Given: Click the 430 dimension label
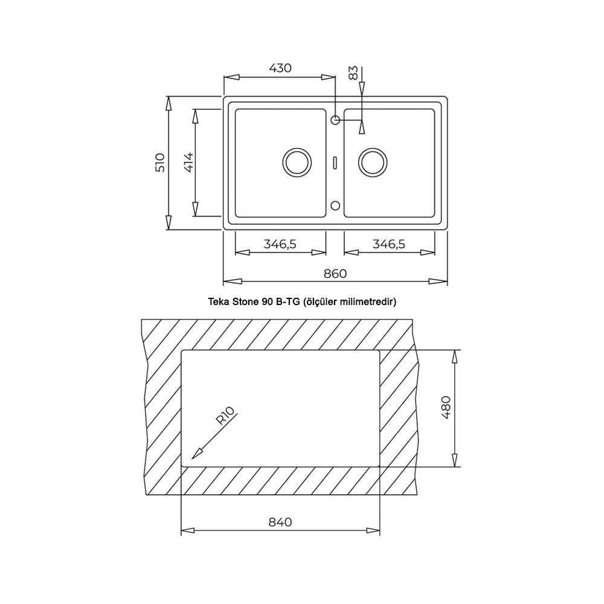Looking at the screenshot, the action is coord(280,68).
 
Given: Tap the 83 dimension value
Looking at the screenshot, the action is coord(353,73).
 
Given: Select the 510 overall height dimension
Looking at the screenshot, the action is coord(159,162).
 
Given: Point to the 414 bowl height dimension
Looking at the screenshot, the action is coord(188,162).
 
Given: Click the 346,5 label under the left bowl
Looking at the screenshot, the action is coord(280,244).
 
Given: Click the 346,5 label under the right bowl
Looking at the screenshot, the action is coord(389,244).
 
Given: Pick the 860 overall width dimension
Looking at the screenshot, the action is coord(335,274).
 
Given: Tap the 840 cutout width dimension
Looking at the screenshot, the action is coord(280,522).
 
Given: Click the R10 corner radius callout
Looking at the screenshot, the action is coord(225,416).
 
